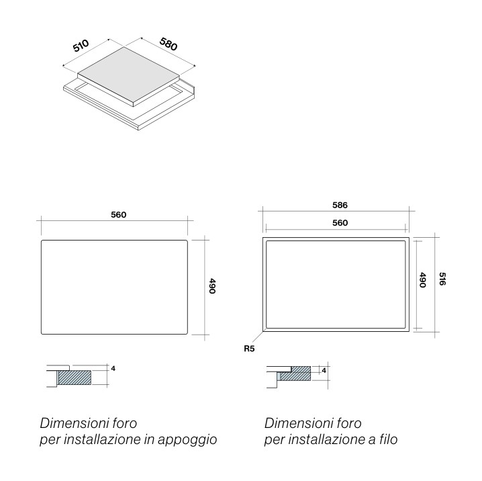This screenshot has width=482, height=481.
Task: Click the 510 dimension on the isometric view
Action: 81,46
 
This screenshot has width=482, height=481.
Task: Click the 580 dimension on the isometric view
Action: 168,44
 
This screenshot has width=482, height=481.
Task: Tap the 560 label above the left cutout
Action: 119,215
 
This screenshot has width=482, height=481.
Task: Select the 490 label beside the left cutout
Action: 212,286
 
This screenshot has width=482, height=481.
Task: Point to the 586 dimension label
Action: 340,205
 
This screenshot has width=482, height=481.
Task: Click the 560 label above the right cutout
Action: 340,222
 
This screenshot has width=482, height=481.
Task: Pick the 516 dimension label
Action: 442,279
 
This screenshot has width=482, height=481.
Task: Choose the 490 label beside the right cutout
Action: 423,280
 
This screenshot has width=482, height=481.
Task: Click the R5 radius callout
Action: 249,349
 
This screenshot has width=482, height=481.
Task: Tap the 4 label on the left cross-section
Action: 113,368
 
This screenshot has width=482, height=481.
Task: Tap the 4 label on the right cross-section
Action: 324,371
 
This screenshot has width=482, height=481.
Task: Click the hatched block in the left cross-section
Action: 75,378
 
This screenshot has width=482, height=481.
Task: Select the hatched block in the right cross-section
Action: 296,374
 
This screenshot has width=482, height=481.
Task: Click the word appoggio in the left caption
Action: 187,440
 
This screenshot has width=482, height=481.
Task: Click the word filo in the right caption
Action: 389,439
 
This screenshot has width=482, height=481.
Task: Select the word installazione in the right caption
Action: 326,439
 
